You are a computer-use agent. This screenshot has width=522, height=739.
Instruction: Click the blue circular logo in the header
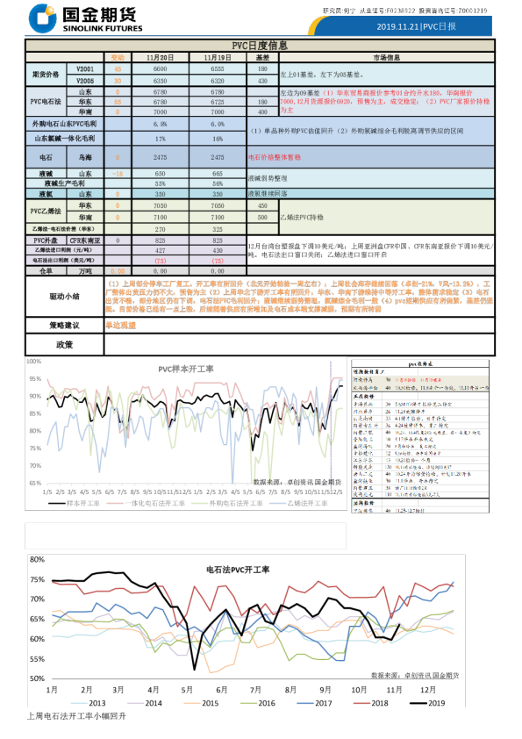pyautogui.click(x=41, y=18)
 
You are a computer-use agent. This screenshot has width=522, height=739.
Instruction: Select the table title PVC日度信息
pyautogui.click(x=260, y=45)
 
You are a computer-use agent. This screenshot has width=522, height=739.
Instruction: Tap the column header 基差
pyautogui.click(x=262, y=56)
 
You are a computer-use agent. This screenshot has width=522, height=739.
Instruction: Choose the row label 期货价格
pyautogui.click(x=46, y=74)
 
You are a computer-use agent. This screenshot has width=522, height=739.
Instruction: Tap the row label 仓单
pyautogui.click(x=46, y=271)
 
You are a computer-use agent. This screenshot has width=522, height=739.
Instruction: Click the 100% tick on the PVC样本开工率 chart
pyautogui.click(x=33, y=361)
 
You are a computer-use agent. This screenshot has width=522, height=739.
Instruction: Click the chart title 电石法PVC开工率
pyautogui.click(x=238, y=570)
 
